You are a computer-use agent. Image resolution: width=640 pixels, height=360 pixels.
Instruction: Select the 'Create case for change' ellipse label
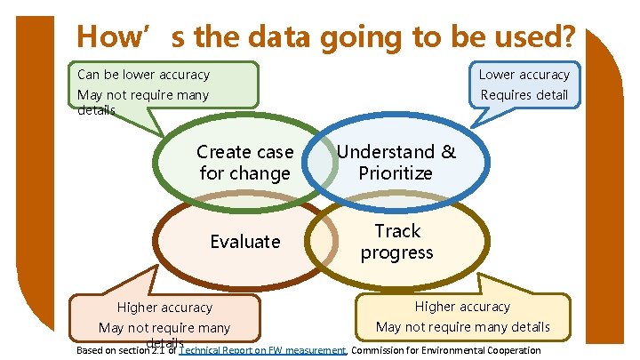[244, 163]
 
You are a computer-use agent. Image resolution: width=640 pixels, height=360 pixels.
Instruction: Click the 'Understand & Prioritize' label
[396, 163]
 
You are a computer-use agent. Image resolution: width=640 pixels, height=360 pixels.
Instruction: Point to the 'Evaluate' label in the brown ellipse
[244, 242]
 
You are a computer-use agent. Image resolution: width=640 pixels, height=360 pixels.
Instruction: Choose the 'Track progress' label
[396, 242]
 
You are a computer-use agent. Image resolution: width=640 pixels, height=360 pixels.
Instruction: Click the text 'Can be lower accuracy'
[143, 75]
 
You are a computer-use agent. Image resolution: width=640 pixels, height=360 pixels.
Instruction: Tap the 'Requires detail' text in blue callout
[524, 95]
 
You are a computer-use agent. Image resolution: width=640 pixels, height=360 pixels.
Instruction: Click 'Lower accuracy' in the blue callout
[524, 75]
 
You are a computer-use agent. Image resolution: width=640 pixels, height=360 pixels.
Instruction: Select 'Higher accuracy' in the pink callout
[165, 308]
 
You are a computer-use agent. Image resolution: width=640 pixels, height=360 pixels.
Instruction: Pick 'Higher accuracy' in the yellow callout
[462, 307]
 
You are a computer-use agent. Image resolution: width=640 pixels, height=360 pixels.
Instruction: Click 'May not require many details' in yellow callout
[462, 327]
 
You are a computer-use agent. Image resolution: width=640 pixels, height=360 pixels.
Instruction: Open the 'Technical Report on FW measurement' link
[262, 350]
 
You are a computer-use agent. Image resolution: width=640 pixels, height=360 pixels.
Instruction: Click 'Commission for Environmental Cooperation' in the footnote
[445, 350]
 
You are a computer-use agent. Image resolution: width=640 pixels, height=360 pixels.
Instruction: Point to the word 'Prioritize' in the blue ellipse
[396, 173]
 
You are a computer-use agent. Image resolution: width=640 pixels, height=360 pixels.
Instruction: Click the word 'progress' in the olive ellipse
[396, 252]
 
